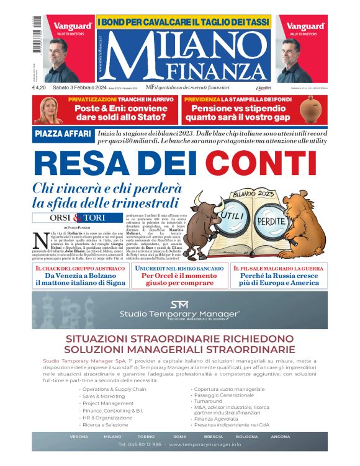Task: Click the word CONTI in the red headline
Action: (267, 163)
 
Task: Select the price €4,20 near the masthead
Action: (42, 88)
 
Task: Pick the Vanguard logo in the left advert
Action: (72, 26)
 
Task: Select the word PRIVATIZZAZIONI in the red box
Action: (92, 99)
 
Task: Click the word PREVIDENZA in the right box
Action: (202, 99)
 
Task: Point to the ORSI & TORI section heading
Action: (78, 218)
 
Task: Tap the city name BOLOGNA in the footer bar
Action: (247, 436)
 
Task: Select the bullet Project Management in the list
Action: (108, 403)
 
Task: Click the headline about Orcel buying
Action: (180, 278)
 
